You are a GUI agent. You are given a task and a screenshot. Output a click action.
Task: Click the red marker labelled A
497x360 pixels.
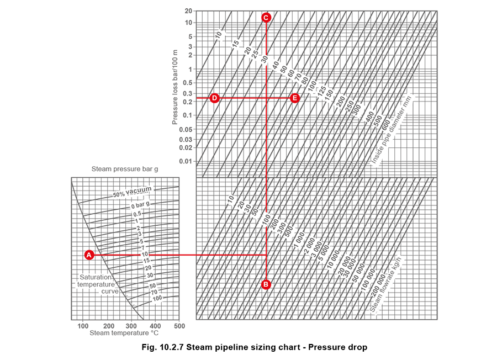pyautogui.click(x=89, y=255)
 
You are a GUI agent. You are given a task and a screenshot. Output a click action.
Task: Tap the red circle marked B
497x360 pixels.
pyautogui.click(x=266, y=284)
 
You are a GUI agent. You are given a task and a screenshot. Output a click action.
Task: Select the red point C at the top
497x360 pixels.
pyautogui.click(x=266, y=18)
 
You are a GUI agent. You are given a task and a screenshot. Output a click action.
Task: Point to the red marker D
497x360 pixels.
pyautogui.click(x=215, y=98)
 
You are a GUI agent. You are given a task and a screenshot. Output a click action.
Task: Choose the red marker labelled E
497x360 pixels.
pyautogui.click(x=294, y=98)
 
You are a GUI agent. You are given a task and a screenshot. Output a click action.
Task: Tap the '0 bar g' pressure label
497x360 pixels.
pyautogui.click(x=140, y=206)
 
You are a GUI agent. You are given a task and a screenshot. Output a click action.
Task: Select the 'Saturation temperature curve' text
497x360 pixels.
pyautogui.click(x=98, y=284)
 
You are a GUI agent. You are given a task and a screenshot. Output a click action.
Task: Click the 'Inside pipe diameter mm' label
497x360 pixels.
pyautogui.click(x=392, y=130)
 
